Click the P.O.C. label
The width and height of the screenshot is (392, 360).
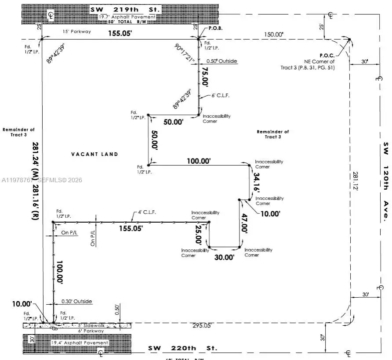pyautogui.click(x=327, y=55)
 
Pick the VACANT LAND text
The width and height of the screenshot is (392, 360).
pyautogui.click(x=94, y=154)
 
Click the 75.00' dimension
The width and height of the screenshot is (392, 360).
pyautogui.click(x=204, y=78)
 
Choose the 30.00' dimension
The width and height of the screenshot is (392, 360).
pyautogui.click(x=224, y=257)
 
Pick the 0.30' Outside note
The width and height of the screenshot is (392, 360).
pyautogui.click(x=76, y=301)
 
